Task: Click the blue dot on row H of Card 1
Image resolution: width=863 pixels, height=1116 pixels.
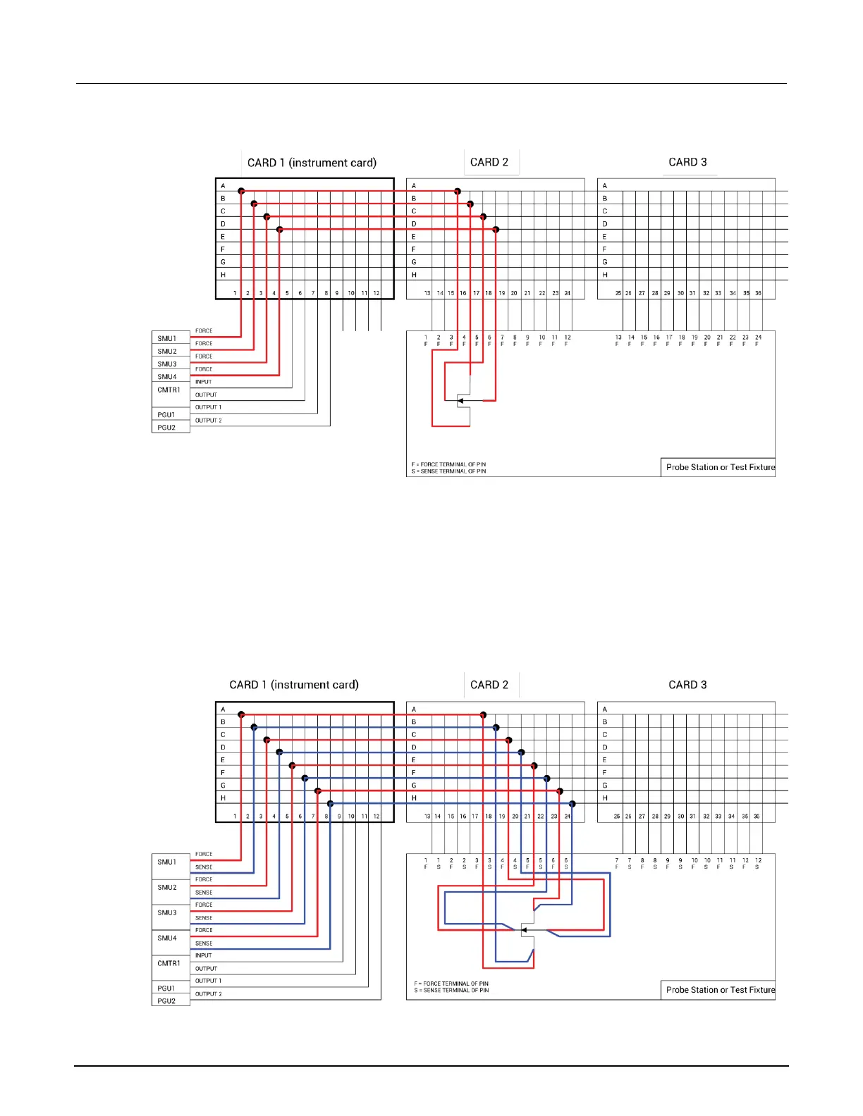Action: tap(330, 803)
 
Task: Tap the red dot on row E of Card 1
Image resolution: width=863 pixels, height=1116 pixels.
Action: tap(292, 765)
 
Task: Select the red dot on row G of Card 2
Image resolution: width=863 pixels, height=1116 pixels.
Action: tap(559, 790)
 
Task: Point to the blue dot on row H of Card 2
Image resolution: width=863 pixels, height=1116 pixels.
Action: tap(572, 803)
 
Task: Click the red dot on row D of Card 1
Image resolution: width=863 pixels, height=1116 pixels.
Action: tap(279, 229)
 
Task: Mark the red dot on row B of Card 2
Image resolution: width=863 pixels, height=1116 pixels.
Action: tap(470, 204)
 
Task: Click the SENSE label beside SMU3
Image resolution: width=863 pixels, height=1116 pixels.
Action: tap(204, 918)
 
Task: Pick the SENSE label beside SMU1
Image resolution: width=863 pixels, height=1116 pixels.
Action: tap(204, 867)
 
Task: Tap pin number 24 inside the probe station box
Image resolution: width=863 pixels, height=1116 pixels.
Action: tap(758, 337)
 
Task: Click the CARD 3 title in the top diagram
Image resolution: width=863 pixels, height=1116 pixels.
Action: tap(687, 162)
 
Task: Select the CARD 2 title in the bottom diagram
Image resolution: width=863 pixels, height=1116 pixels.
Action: tap(489, 685)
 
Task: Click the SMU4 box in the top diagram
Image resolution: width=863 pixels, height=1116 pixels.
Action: tap(167, 377)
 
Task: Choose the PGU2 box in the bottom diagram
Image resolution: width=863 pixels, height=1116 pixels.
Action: tap(167, 1000)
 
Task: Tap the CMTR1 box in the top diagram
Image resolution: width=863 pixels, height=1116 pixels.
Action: tap(169, 390)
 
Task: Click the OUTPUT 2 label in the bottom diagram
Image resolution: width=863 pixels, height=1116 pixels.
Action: tap(208, 994)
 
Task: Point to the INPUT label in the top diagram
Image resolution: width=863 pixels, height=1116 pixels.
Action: tap(203, 382)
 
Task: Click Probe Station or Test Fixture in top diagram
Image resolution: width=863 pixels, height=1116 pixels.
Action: tap(720, 467)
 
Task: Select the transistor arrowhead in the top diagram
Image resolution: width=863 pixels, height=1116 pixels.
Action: tap(460, 401)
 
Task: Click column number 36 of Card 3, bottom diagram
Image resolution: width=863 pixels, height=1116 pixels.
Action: tap(757, 817)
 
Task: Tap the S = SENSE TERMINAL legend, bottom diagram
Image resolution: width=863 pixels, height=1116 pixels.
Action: tap(451, 991)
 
